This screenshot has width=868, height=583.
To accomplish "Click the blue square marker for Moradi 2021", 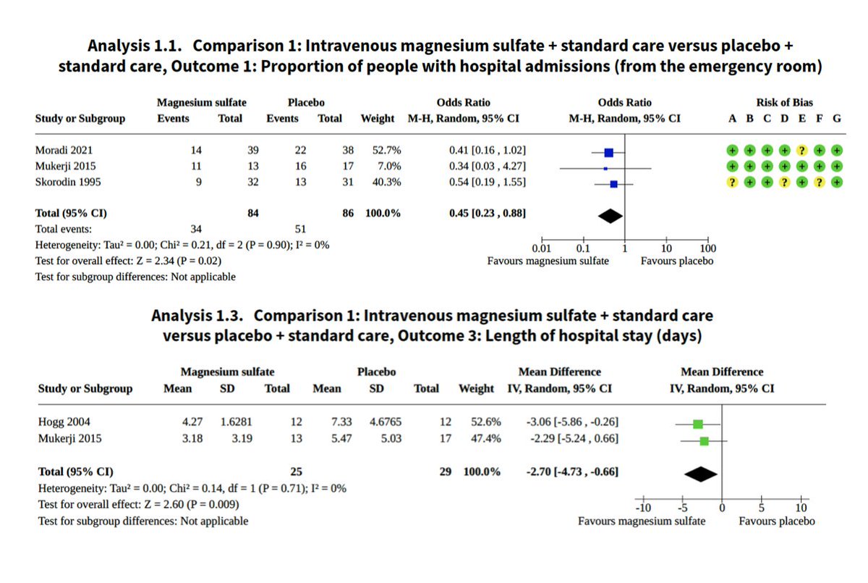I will point(608,152).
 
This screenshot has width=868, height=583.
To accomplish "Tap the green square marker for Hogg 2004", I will point(697,424).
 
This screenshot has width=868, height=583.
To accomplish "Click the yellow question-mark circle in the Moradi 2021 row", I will point(801,151).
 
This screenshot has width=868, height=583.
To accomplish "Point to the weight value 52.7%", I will point(386,151).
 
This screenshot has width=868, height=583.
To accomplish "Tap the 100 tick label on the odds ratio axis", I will point(708,248).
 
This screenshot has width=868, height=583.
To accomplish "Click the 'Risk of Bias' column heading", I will point(784,103).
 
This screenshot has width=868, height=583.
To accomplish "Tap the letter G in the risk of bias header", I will point(837,119).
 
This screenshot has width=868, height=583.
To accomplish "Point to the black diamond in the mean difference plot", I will point(700,474).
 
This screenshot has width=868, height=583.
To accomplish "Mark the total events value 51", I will point(299,230).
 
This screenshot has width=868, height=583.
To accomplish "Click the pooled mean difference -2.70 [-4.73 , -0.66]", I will point(571,472).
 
